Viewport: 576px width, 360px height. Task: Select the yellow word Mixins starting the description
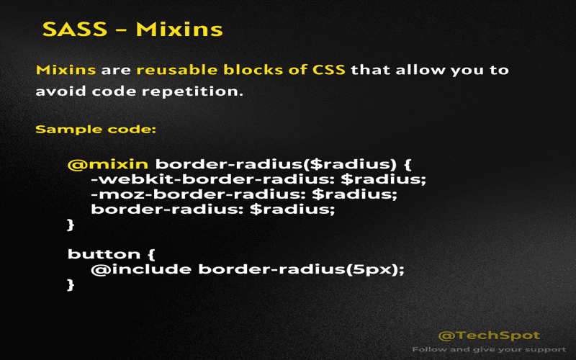tap(66, 71)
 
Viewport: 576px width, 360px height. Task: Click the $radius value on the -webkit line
tap(398, 179)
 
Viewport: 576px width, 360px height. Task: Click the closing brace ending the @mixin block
tap(71, 225)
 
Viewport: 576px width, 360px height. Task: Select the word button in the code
tap(100, 253)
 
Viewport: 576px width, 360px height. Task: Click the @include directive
tap(141, 269)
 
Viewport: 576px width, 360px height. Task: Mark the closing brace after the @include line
tap(71, 285)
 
